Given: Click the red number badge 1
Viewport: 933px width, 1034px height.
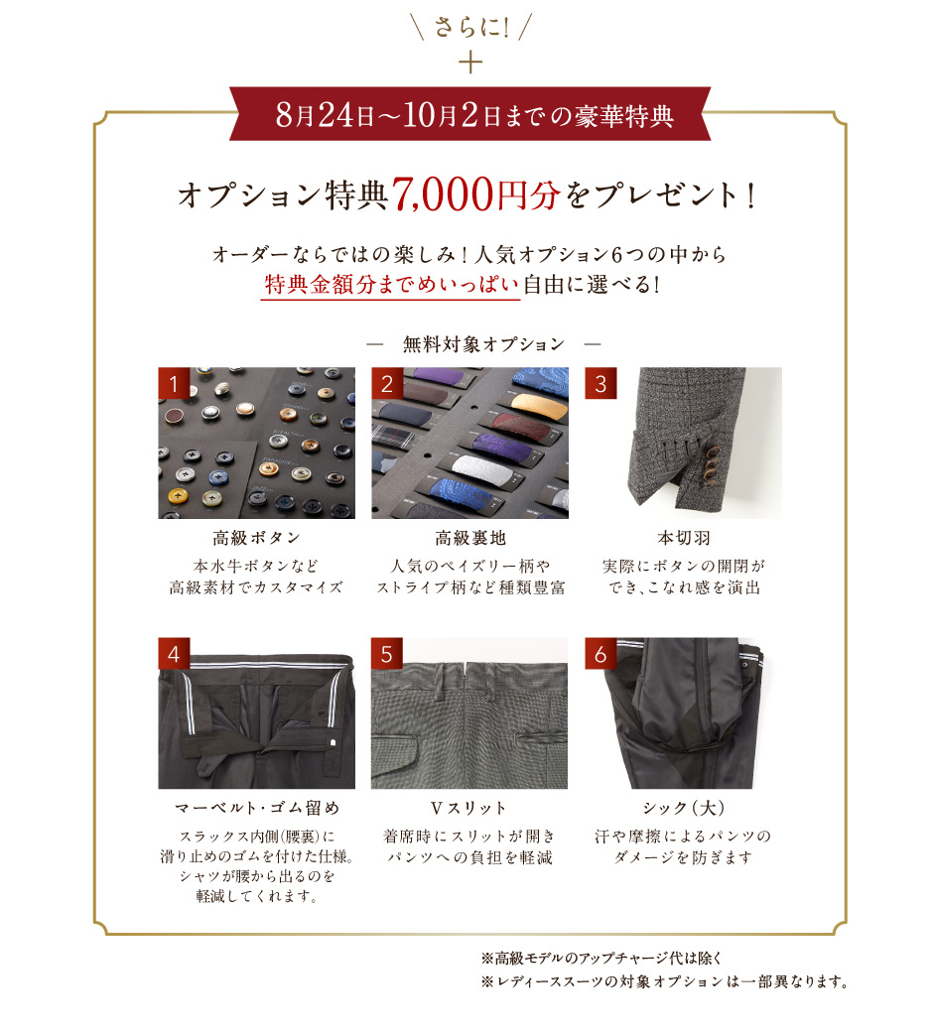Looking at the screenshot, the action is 174,383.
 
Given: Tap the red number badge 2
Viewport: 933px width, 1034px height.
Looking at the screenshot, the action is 387,383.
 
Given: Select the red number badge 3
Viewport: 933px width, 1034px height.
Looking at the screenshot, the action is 600,383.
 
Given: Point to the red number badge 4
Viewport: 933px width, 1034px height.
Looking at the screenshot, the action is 174,654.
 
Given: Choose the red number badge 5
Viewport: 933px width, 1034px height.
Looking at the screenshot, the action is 387,654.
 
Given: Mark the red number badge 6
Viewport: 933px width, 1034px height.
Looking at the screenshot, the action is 600,654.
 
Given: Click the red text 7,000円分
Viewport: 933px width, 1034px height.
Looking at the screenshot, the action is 476,194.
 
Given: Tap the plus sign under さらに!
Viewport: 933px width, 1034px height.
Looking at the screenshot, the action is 470,64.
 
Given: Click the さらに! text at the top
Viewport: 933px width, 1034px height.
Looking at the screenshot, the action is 470,27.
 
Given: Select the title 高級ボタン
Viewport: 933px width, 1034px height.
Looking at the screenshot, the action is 256,538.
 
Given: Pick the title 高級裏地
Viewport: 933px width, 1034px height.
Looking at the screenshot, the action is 470,538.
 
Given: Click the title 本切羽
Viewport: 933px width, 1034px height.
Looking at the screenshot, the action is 684,538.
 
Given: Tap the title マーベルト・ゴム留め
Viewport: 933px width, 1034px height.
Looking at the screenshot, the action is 257,808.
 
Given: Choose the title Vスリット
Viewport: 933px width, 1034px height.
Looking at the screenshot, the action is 468,808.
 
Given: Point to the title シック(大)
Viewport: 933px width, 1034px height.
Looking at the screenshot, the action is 684,808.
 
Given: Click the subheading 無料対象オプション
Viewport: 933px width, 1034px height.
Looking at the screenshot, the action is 484,344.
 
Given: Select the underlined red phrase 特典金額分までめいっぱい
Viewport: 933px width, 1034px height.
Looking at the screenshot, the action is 391,285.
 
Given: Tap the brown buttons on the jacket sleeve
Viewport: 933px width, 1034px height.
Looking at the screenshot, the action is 712,465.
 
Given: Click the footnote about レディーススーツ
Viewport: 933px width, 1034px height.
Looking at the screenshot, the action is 665,981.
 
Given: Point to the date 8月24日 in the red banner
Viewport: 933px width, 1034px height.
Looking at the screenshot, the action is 326,115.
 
